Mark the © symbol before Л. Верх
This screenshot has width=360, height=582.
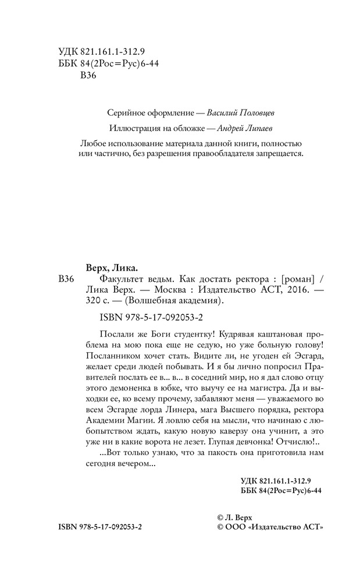[x=220, y=516]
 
